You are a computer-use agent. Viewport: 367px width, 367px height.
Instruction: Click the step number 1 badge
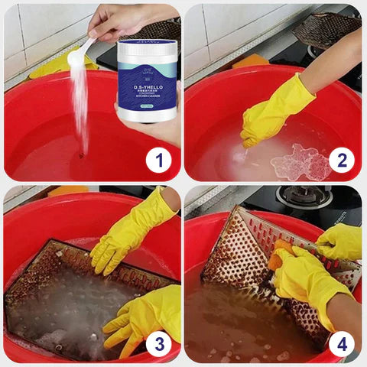tap(158, 161)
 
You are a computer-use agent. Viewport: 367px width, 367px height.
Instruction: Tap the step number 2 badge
tap(342, 161)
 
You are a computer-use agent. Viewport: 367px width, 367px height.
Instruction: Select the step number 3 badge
tap(158, 343)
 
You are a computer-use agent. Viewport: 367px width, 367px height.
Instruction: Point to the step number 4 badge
tap(342, 343)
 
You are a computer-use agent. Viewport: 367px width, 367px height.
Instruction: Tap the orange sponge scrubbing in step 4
tap(284, 252)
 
